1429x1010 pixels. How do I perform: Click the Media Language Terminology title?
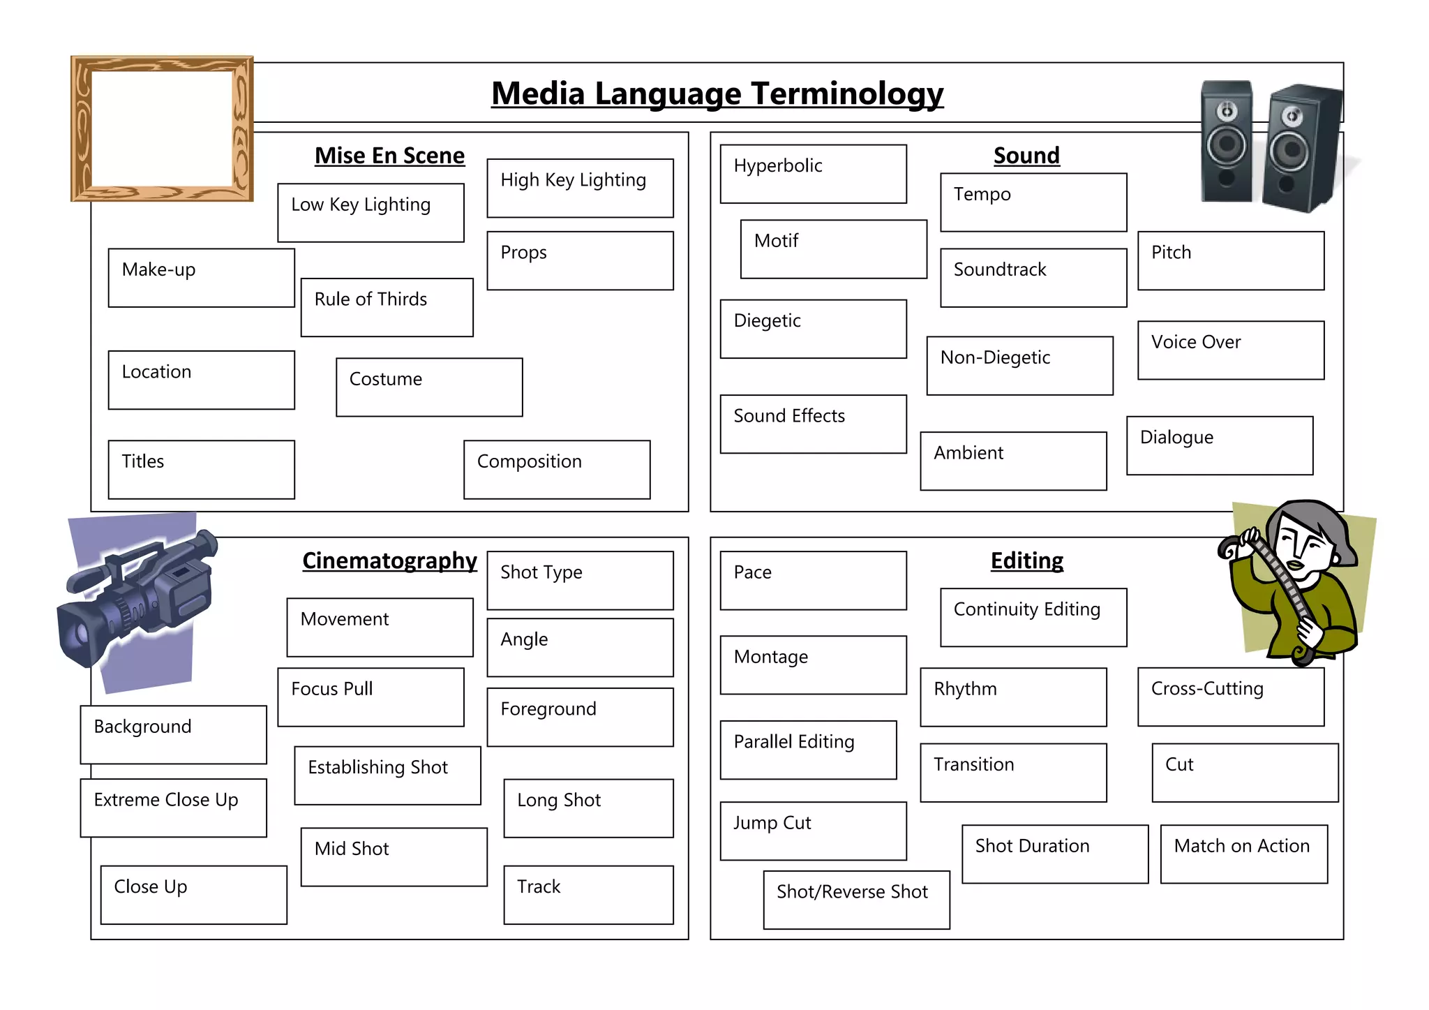pyautogui.click(x=717, y=94)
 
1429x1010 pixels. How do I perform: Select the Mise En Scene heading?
pyautogui.click(x=389, y=155)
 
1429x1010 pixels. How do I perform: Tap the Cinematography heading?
pyautogui.click(x=389, y=560)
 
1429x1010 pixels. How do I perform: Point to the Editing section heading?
pyautogui.click(x=1026, y=560)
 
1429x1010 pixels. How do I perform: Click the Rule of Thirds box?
pyautogui.click(x=387, y=307)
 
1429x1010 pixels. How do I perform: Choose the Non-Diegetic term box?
pyautogui.click(x=1019, y=366)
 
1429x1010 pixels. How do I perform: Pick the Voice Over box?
pyautogui.click(x=1230, y=350)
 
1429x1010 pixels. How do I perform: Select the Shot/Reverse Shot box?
pyautogui.click(x=856, y=900)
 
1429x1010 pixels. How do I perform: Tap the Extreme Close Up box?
pyautogui.click(x=173, y=808)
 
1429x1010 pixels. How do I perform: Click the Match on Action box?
pyautogui.click(x=1243, y=854)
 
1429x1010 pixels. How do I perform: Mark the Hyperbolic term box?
pyautogui.click(x=813, y=174)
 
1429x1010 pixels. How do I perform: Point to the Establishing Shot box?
pyautogui.click(x=387, y=775)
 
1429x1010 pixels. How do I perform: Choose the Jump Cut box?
pyautogui.click(x=813, y=831)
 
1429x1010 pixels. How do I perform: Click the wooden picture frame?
pyautogui.click(x=162, y=128)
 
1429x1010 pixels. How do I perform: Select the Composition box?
pyautogui.click(x=557, y=469)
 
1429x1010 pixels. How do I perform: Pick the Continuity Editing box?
pyautogui.click(x=1033, y=617)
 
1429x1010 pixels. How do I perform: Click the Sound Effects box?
pyautogui.click(x=813, y=424)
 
